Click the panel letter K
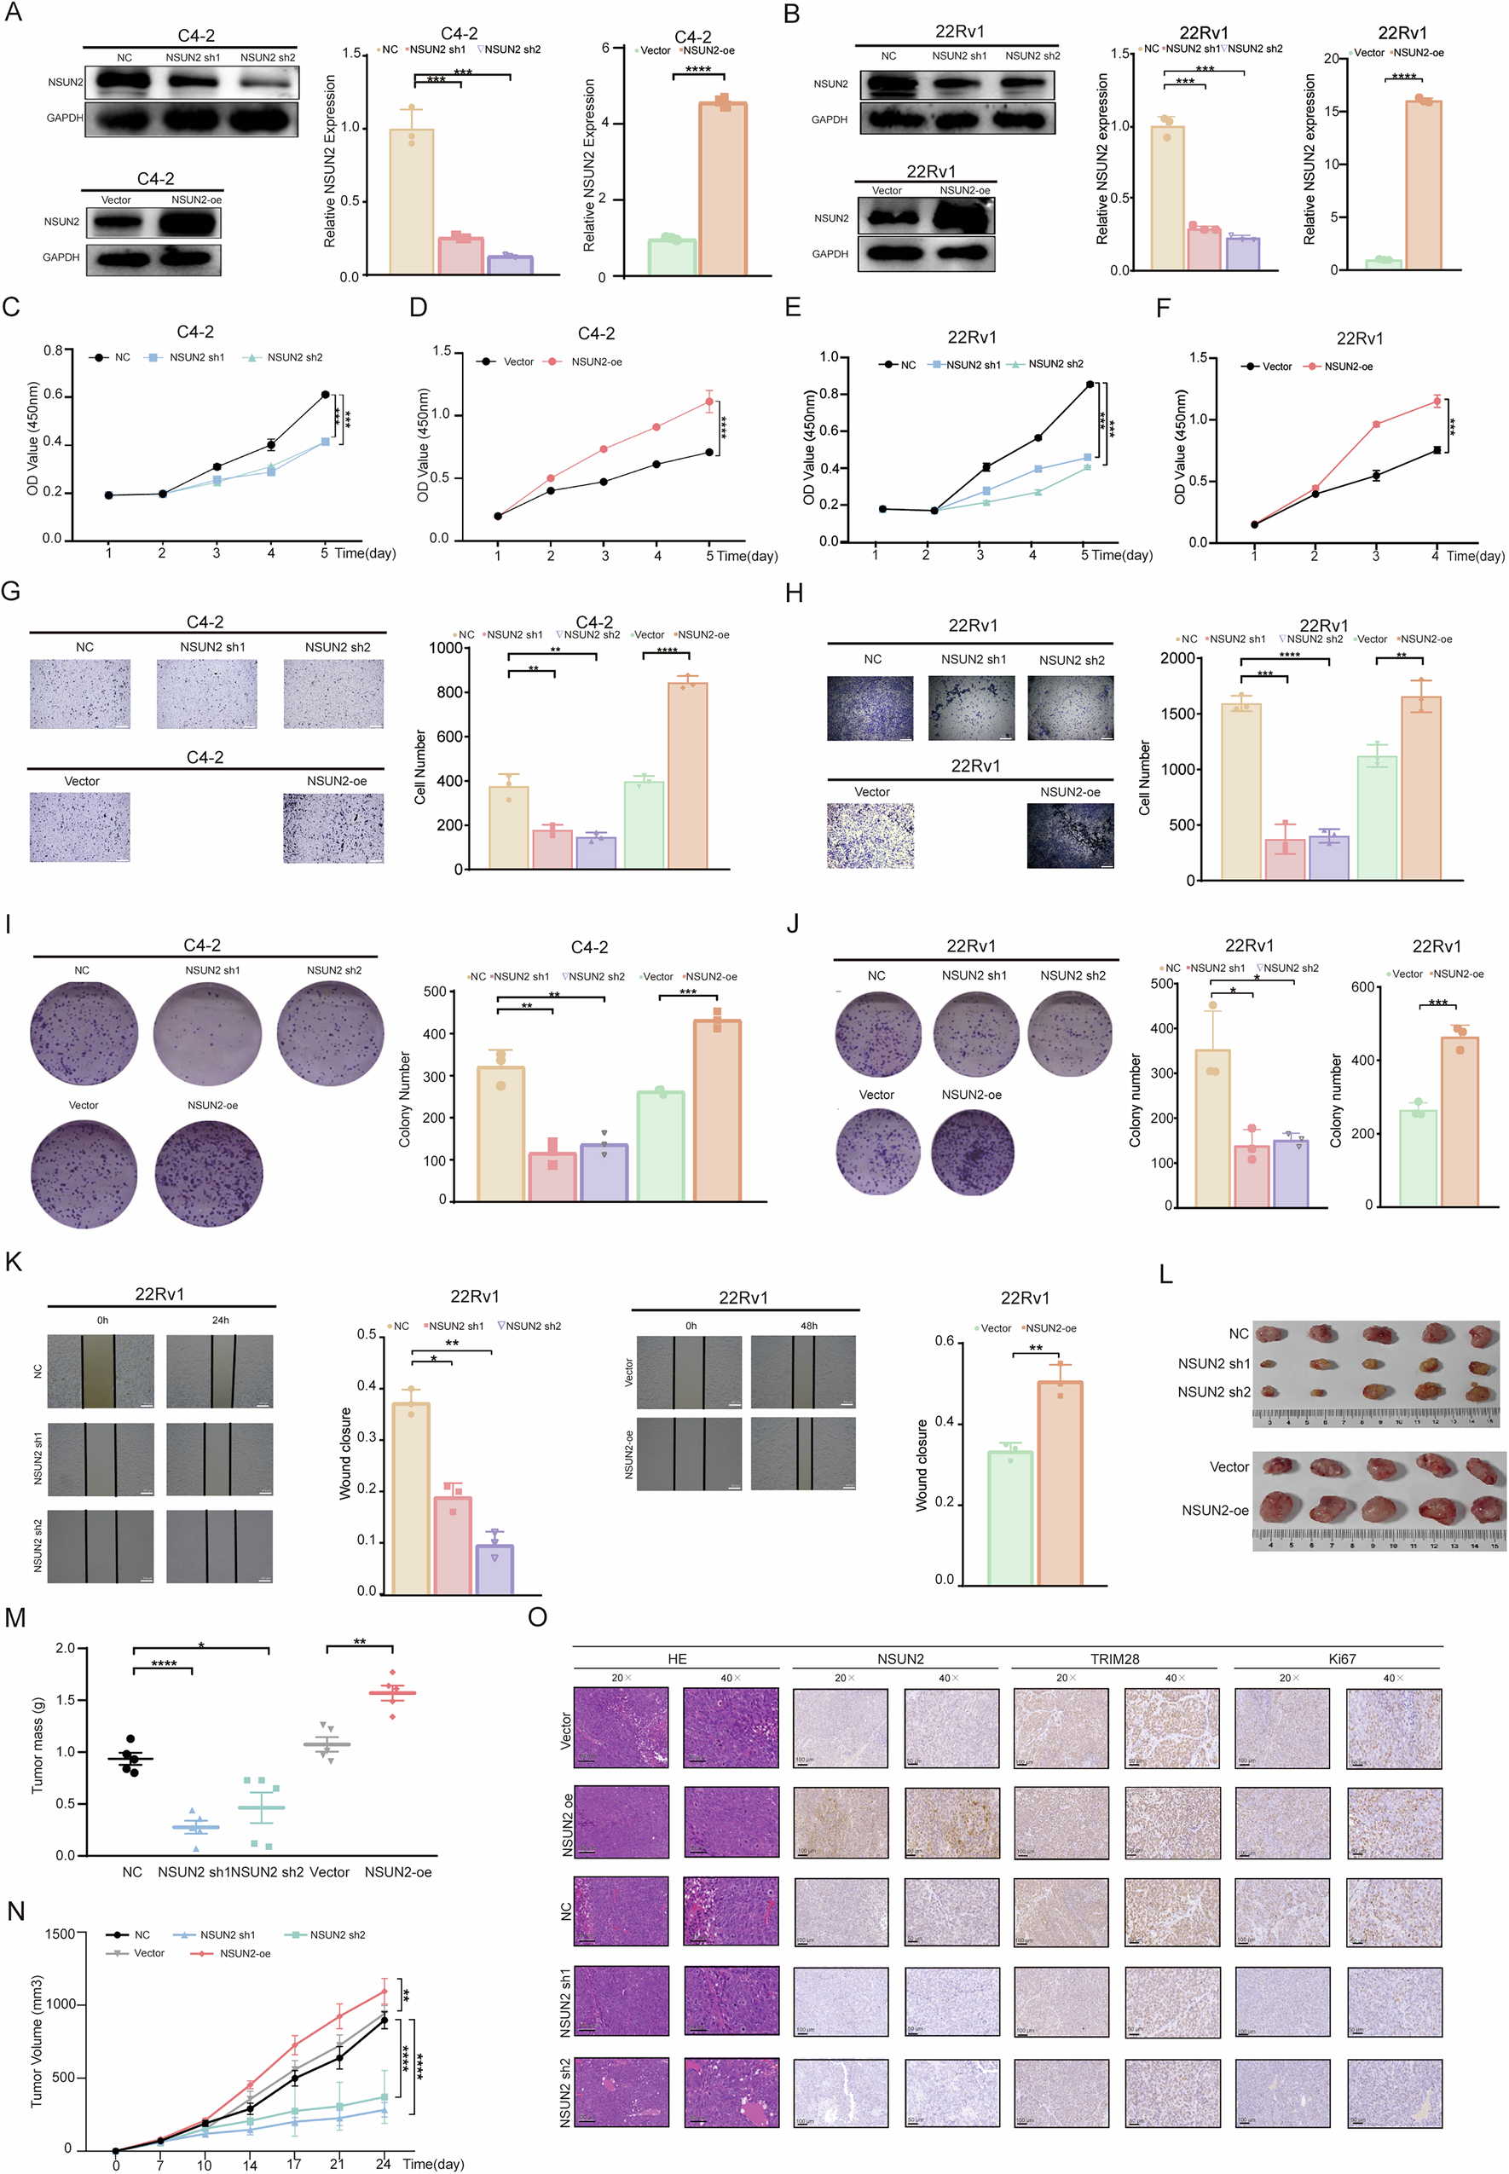click(x=14, y=1262)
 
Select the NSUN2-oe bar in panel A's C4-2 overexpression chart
click(x=722, y=189)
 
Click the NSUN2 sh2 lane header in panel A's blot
click(x=267, y=58)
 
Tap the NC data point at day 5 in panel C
click(x=326, y=394)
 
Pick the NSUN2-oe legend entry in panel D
click(x=596, y=362)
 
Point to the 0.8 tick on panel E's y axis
click(x=829, y=393)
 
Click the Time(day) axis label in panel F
click(x=1474, y=556)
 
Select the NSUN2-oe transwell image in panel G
click(x=333, y=828)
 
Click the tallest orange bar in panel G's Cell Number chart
click(x=687, y=774)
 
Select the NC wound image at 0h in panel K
click(x=101, y=1371)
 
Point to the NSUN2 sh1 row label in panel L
click(x=1213, y=1363)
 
